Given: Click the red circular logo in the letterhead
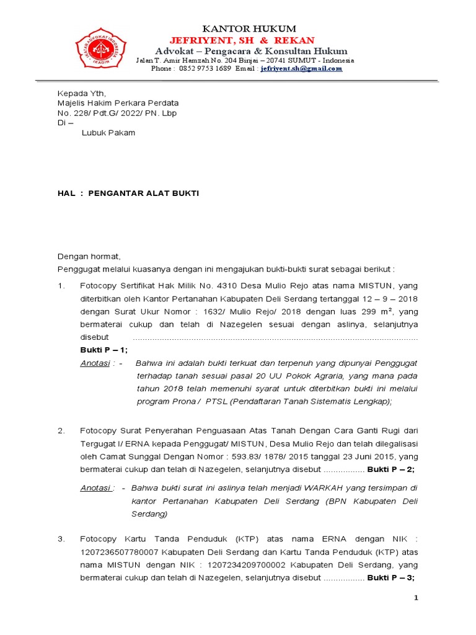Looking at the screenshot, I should (x=101, y=48).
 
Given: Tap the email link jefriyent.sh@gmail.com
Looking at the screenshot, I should (x=301, y=69).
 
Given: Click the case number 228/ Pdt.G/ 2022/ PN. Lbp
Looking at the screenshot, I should (x=118, y=113).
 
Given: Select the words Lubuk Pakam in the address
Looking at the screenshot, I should (x=108, y=133).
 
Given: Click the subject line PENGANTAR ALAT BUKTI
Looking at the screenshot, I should (x=144, y=193).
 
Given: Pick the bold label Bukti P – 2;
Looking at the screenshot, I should (x=391, y=469).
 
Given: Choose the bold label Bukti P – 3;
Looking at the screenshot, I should (x=391, y=577).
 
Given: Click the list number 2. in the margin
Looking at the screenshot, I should (x=61, y=430).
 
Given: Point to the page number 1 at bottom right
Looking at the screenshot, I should (x=416, y=597).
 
